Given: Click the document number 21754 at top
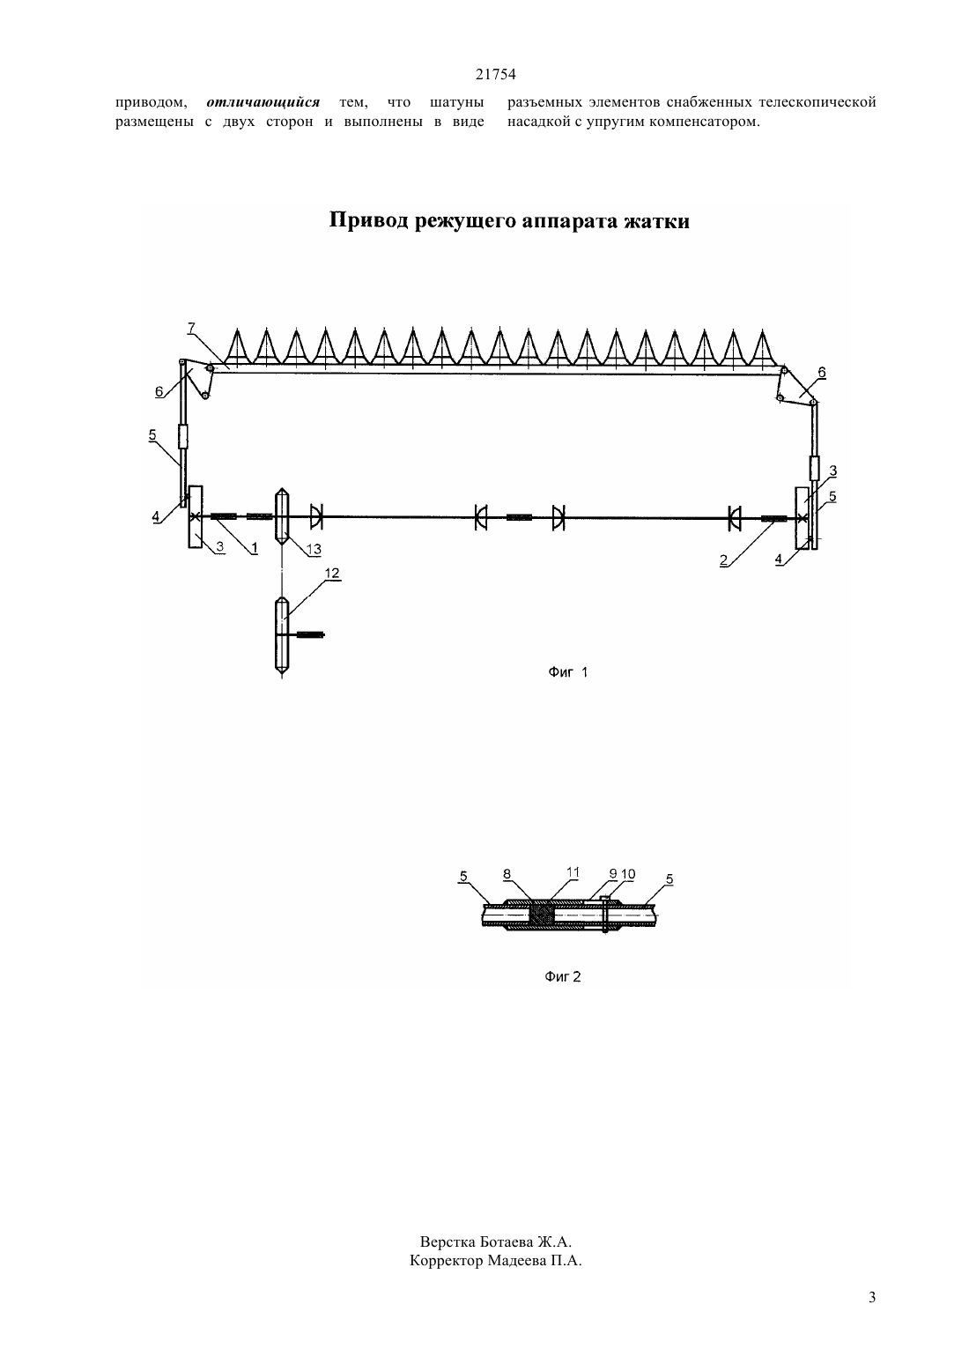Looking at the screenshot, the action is coord(495,74).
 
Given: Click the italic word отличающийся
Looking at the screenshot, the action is coord(263,101).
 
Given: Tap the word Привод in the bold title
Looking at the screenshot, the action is coord(369,220).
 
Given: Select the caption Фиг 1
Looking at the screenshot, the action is coord(567,672).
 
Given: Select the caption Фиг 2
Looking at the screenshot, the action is coord(563,976).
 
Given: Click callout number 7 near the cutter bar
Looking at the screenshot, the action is coord(191,328).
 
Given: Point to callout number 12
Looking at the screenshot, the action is coord(332,573).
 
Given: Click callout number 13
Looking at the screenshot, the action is coord(314,549).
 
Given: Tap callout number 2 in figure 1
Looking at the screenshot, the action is coord(724,560).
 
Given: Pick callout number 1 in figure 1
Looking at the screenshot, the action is coord(255,548).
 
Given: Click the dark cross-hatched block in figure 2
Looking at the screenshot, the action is coord(541,915).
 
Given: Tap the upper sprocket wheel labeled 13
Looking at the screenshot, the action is coord(281,516).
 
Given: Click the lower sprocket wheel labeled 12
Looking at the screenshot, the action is coord(281,636).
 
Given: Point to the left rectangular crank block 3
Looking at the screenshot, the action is coord(196,516).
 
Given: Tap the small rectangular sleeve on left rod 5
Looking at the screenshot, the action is coord(182,436).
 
